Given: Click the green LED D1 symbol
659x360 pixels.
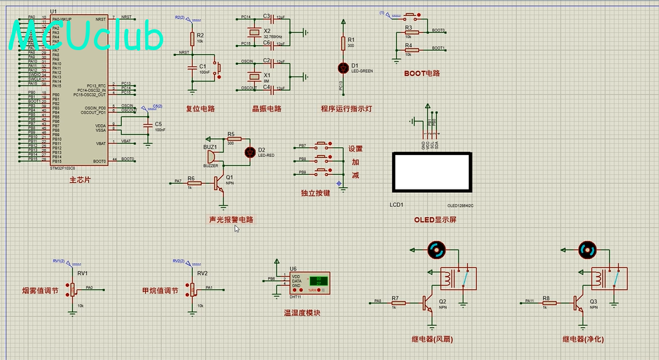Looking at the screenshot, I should (343, 67).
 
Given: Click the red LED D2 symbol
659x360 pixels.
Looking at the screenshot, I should (250, 152).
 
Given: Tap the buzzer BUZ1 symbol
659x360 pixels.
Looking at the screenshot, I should (212, 157).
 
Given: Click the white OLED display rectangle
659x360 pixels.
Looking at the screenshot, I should (431, 172).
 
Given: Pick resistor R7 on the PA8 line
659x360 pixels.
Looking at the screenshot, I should (398, 303).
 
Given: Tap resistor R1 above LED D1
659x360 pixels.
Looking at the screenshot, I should (343, 43).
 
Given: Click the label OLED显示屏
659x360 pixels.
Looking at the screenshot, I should (435, 220).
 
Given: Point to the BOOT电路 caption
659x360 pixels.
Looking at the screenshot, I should (422, 73).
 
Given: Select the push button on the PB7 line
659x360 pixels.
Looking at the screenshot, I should (321, 147).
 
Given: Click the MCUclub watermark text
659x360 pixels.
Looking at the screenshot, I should (87, 37).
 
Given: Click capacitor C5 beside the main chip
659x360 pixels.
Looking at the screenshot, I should (149, 125).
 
